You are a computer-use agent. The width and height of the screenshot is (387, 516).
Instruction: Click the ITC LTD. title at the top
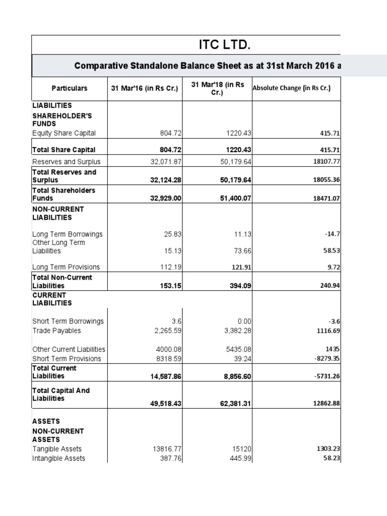(224, 45)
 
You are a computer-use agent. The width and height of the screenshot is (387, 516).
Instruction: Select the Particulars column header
(70, 88)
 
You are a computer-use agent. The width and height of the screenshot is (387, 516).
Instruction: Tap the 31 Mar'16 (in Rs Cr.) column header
(145, 88)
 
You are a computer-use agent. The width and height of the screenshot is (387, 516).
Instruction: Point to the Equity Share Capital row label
(64, 133)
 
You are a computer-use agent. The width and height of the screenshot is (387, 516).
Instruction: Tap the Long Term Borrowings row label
(68, 234)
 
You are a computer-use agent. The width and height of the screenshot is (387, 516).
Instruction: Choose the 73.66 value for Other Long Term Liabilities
(242, 251)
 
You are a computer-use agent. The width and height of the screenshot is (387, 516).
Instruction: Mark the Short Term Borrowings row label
(68, 321)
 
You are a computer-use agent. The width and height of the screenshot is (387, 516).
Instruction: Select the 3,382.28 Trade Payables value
(236, 331)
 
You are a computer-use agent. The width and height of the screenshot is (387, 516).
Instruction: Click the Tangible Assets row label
(57, 448)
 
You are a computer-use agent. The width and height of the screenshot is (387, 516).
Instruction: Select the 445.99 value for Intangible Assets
(240, 459)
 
